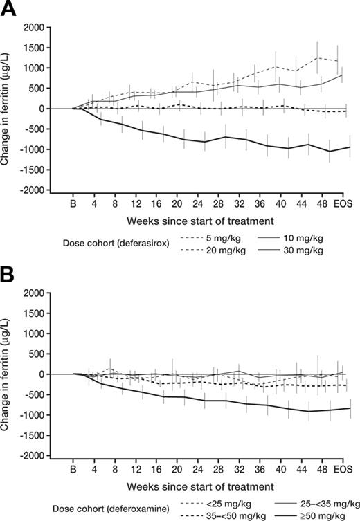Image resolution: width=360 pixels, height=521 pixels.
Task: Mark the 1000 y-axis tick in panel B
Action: pos(36,333)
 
